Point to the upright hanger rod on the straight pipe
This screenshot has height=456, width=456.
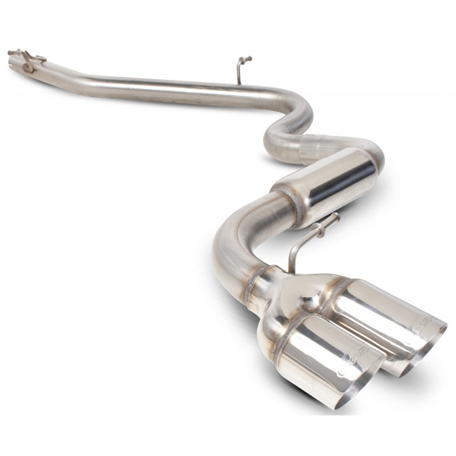pos(239,71)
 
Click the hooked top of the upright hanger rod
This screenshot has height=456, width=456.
pos(244,59)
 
